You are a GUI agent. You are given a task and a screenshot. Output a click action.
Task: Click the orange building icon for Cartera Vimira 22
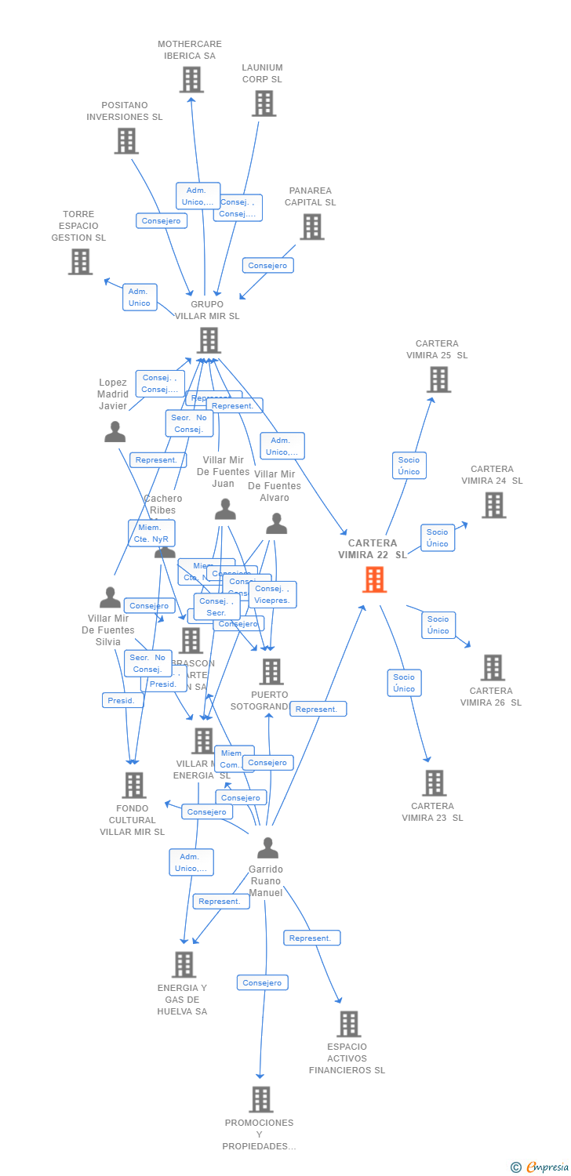(x=375, y=579)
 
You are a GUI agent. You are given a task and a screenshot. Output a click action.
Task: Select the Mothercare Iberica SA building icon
(x=191, y=80)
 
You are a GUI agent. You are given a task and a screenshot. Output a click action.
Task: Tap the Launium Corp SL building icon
(x=264, y=103)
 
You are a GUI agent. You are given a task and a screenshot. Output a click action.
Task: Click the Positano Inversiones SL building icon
(x=126, y=141)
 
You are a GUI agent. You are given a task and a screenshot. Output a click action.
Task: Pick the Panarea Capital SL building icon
(x=312, y=227)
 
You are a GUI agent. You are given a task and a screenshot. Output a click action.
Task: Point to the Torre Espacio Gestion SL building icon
(x=80, y=262)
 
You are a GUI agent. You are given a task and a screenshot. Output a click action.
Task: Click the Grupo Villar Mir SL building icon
(x=209, y=341)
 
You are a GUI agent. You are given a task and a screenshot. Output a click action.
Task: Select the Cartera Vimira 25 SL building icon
(x=438, y=379)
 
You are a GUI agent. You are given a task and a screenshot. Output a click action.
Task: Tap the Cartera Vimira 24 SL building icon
(x=493, y=506)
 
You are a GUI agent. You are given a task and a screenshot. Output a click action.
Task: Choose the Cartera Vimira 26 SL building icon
(x=493, y=668)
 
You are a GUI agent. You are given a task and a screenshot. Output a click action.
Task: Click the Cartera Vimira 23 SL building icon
(x=434, y=782)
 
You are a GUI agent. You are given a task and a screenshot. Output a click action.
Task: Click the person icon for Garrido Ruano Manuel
(x=267, y=848)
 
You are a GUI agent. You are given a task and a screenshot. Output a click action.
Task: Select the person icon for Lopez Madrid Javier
(x=115, y=432)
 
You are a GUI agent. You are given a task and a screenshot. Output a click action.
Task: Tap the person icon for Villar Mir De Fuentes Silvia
(x=111, y=597)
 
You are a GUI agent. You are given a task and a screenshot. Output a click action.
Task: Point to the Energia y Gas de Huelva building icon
(x=184, y=964)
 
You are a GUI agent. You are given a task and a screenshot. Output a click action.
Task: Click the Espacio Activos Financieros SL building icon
(x=348, y=1024)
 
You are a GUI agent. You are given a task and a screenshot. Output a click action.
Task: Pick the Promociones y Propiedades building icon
(x=261, y=1099)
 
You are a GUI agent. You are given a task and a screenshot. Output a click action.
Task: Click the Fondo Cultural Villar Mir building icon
(x=134, y=785)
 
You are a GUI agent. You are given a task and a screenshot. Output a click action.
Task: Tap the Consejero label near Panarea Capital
(x=268, y=266)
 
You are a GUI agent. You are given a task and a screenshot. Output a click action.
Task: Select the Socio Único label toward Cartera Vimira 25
(x=409, y=466)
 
